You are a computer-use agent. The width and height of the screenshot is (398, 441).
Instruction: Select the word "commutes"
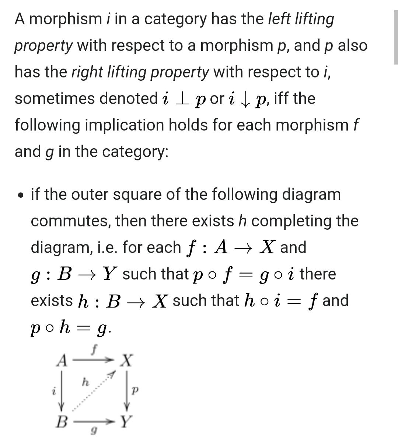[x=70, y=221]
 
